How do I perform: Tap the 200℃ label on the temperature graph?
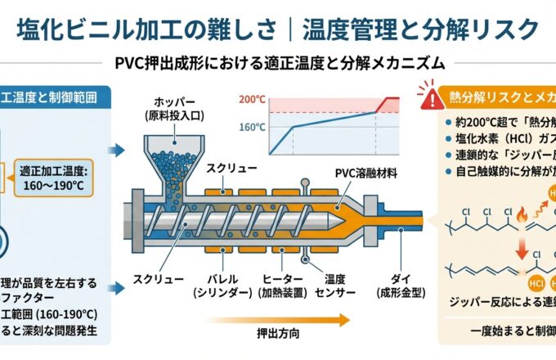pyautogui.click(x=251, y=100)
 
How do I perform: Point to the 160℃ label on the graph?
pyautogui.click(x=251, y=127)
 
